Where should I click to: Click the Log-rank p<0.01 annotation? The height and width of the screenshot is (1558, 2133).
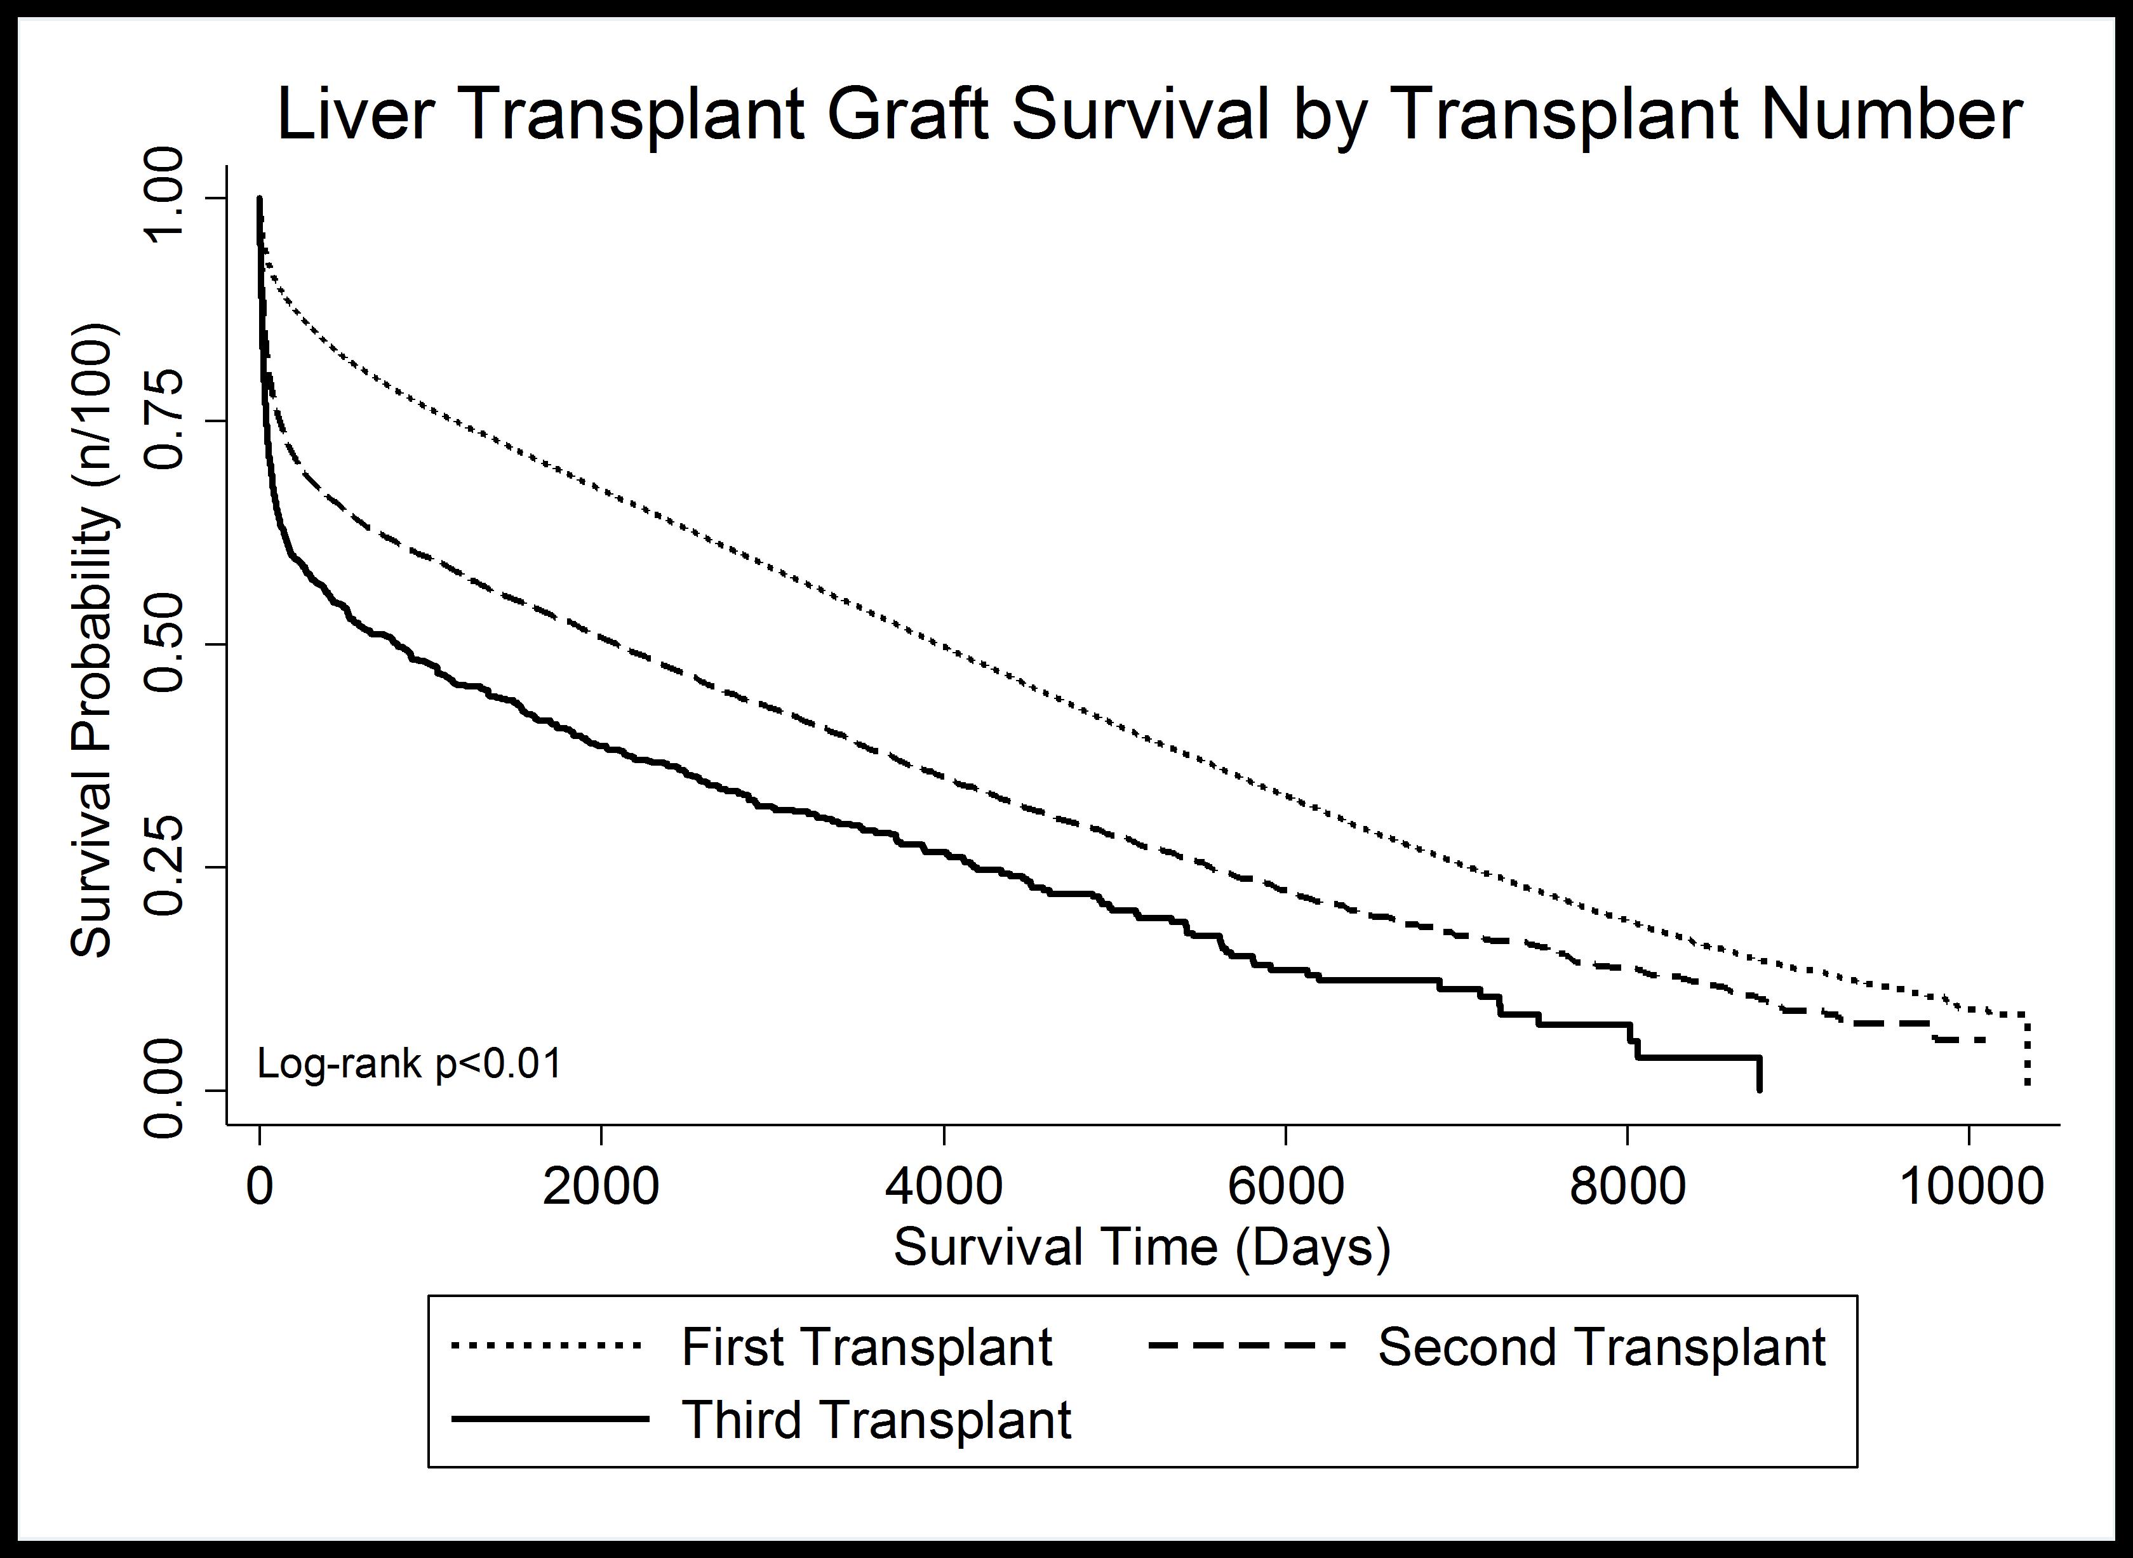[410, 1064]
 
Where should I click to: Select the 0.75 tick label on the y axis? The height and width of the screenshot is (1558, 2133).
[165, 421]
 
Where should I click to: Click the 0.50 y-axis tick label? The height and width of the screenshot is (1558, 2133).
[165, 644]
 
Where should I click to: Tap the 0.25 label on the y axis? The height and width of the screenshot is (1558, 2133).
[165, 867]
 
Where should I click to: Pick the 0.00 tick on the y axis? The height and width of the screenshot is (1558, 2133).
[165, 1090]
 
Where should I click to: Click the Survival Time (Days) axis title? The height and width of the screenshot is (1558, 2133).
[1142, 1248]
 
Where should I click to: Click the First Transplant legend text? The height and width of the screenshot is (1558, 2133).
[866, 1347]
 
